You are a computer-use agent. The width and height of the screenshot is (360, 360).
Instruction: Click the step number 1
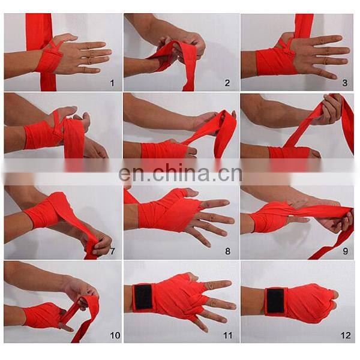[112, 83]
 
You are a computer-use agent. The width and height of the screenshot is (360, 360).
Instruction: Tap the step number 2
[227, 83]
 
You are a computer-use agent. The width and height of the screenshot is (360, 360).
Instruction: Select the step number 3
[345, 83]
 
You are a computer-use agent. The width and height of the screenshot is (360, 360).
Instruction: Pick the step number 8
[227, 251]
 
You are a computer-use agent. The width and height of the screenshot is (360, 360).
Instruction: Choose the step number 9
[345, 251]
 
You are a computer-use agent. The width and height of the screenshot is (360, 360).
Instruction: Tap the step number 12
[343, 334]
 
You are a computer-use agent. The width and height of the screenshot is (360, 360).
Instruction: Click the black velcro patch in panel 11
[143, 298]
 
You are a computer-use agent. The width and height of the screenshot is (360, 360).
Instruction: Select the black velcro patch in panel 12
[275, 300]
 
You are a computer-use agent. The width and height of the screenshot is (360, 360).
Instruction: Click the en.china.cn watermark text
[180, 174]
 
